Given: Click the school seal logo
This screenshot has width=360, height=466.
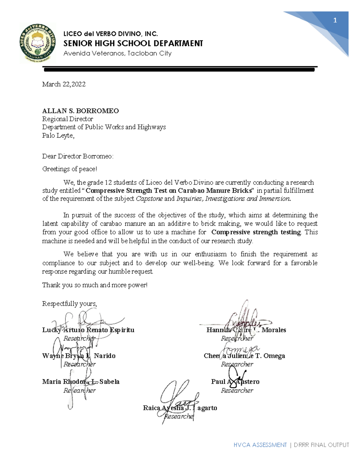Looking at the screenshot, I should [38, 43].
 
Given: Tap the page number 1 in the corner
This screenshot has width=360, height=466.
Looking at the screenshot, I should [335, 20].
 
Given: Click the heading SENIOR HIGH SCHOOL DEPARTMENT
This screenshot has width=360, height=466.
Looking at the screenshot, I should [133, 44].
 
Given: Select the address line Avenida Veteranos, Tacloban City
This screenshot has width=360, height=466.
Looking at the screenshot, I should [117, 53].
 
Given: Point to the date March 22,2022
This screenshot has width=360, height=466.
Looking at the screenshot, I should [64, 84].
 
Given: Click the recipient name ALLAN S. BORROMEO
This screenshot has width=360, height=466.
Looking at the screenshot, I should [80, 111].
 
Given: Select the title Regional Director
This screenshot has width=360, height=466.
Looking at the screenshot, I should [67, 119].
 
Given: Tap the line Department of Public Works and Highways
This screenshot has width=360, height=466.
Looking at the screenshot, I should [104, 127].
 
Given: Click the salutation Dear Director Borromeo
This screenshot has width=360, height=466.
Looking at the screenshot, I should [78, 156].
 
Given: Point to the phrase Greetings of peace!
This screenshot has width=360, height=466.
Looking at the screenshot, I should [70, 169].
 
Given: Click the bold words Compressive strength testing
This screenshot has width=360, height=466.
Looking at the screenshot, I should [256, 232].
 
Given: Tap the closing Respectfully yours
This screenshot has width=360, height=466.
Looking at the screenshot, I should [70, 304].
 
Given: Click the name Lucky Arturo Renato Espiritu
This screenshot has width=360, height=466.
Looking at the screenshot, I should [88, 330].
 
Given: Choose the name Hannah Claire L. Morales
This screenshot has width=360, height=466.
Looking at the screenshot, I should [246, 330].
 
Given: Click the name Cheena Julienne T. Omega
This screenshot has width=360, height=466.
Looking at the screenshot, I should [244, 356].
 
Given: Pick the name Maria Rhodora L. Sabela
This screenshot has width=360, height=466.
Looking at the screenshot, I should [81, 382].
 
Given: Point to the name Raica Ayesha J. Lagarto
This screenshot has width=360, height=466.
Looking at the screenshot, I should [180, 408].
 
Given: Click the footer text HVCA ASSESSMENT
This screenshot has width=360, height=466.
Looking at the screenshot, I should [260, 445].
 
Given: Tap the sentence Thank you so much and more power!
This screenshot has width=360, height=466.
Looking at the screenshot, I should [95, 285].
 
